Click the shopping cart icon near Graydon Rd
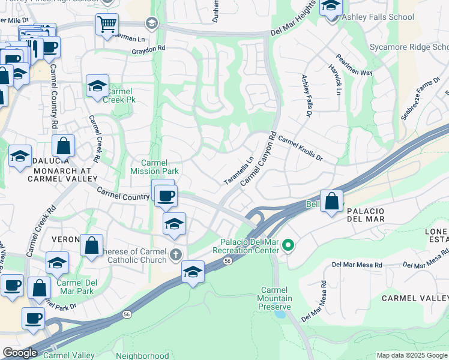pyautogui.click(x=107, y=25)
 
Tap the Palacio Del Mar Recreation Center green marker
pyautogui.click(x=288, y=245)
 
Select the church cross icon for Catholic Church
pyautogui.click(x=175, y=255)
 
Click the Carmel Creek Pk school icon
pyautogui.click(x=97, y=86)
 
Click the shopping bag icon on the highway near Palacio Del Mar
pyautogui.click(x=331, y=202)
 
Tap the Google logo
pyautogui.click(x=20, y=353)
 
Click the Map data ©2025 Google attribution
pyautogui.click(x=411, y=355)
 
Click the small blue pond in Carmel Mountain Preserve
pyautogui.click(x=279, y=313)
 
